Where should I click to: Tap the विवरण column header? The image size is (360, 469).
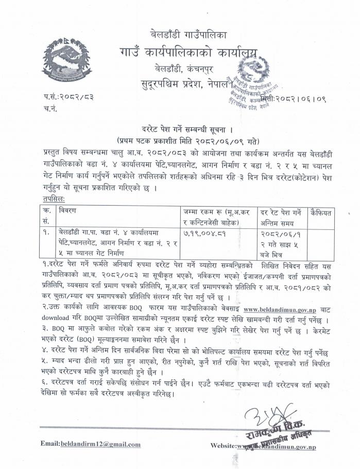[68, 211]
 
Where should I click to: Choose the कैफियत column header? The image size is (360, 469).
[322, 212]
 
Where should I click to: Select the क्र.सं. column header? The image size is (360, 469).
[47, 215]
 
